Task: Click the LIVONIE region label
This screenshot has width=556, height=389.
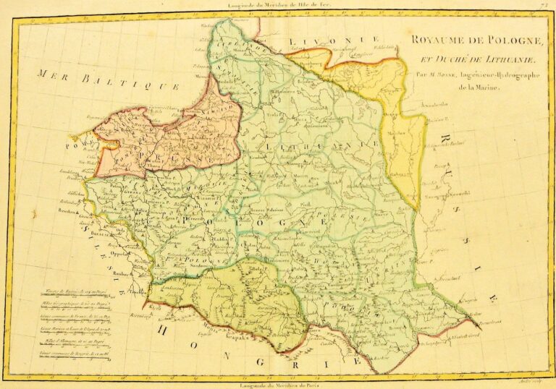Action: tap(334, 40)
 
